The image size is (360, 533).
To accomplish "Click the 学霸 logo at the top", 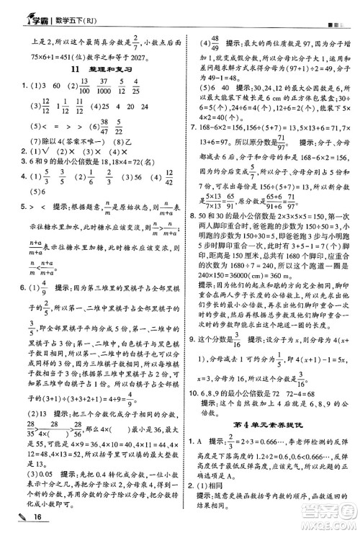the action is click(x=22, y=10).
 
